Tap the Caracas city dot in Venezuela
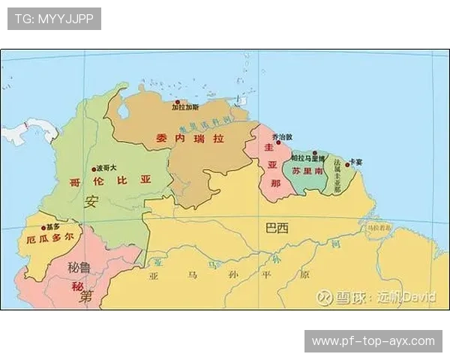(x=178, y=102)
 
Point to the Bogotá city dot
(x=93, y=169)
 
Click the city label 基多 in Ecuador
(x=52, y=226)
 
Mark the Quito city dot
(x=43, y=226)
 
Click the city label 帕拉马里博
(x=308, y=158)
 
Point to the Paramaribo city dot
(x=315, y=153)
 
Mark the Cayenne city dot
(x=347, y=163)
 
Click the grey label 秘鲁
(x=79, y=267)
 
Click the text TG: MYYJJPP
(x=54, y=19)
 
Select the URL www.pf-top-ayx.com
(x=373, y=341)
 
